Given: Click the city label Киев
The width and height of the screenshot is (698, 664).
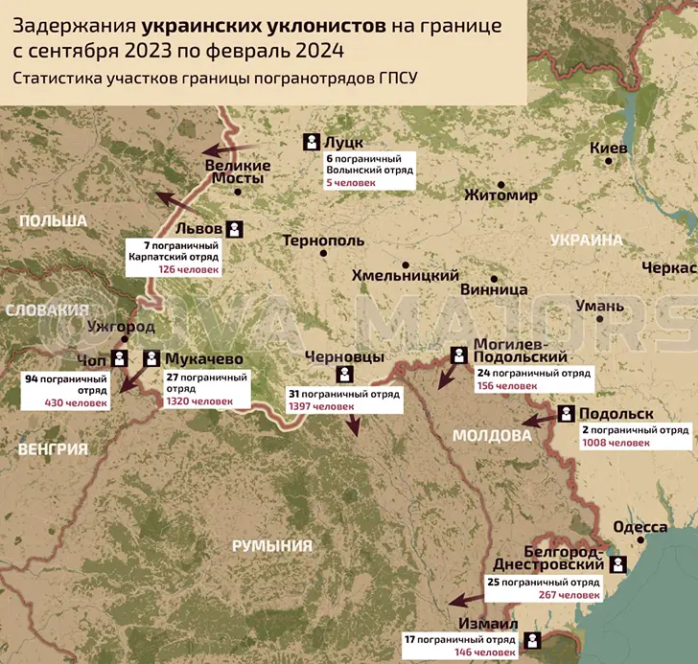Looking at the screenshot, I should tap(609, 149).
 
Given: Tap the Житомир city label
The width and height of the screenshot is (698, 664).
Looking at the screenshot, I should tap(500, 196).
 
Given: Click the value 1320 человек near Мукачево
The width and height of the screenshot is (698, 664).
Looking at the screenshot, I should tap(198, 401).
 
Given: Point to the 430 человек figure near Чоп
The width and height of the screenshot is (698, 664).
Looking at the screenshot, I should tap(81, 402).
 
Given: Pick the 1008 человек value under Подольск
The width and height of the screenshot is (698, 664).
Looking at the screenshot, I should tap(617, 444).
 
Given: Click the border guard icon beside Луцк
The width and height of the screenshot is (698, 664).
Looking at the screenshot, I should tap(312, 142).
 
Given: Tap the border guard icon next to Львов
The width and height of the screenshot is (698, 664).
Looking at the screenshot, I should tap(235, 230).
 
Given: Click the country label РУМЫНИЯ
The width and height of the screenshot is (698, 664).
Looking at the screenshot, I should tap(272, 546).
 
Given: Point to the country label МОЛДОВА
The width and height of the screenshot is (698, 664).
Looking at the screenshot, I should tap(491, 436).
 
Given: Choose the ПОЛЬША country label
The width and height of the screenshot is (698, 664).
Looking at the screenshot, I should tap(54, 221).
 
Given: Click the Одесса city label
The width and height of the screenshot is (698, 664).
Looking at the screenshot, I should tap(640, 528).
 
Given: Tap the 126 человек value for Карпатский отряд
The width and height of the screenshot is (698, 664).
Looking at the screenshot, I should tap(190, 269).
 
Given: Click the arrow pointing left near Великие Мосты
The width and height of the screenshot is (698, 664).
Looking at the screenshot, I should tap(229, 150).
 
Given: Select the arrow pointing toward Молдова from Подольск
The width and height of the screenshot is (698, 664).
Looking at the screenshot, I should tap(537, 419).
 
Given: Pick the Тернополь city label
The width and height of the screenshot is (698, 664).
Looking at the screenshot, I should tap(323, 240).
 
